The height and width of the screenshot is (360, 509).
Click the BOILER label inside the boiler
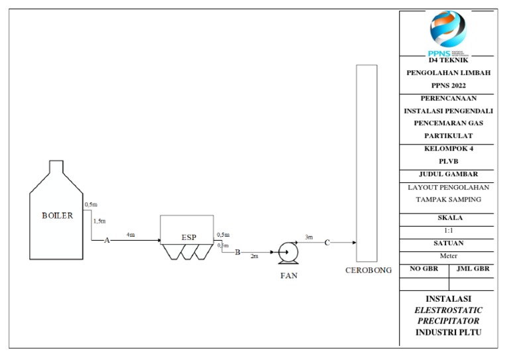point(57,215)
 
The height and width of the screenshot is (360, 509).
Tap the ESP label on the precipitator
point(189,237)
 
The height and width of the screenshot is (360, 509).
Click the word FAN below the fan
point(288,276)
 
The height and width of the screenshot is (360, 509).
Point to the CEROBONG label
point(368,270)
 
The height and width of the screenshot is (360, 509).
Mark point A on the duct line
point(107,241)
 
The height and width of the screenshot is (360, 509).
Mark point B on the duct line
point(238,252)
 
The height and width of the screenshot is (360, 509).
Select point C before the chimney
point(327,243)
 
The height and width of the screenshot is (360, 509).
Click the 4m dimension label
point(131,235)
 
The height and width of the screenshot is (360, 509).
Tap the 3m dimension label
point(308,237)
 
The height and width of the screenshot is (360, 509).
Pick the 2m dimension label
point(254,257)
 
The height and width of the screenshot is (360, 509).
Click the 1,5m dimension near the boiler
point(99,221)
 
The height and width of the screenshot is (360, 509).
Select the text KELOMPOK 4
point(449,149)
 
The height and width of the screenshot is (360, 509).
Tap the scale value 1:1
point(449,230)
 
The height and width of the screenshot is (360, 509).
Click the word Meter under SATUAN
point(449,256)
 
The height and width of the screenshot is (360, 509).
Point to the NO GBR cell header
point(424,269)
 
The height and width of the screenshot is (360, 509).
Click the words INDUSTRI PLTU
point(449,331)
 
